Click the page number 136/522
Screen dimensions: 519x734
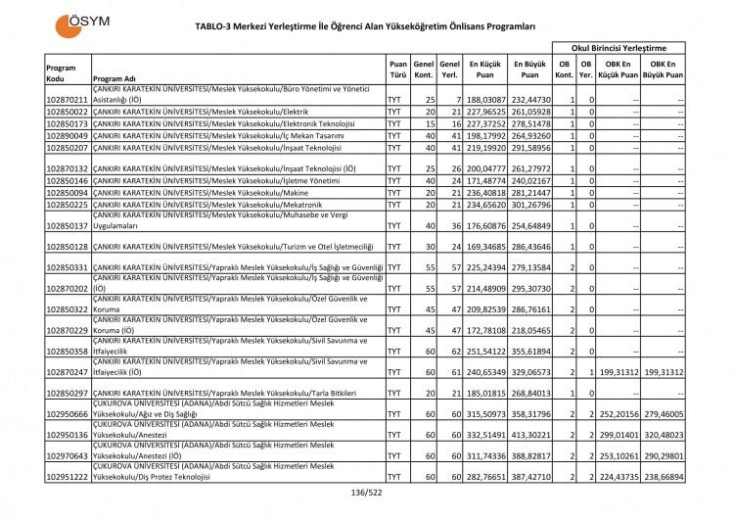coord(367,492)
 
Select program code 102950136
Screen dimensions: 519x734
coord(68,434)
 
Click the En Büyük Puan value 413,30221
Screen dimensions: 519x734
coord(529,434)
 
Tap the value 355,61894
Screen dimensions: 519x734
coord(529,351)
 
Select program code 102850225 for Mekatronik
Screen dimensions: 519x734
coord(68,205)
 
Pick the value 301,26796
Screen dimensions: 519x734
coord(529,205)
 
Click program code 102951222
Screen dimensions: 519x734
coord(68,477)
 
